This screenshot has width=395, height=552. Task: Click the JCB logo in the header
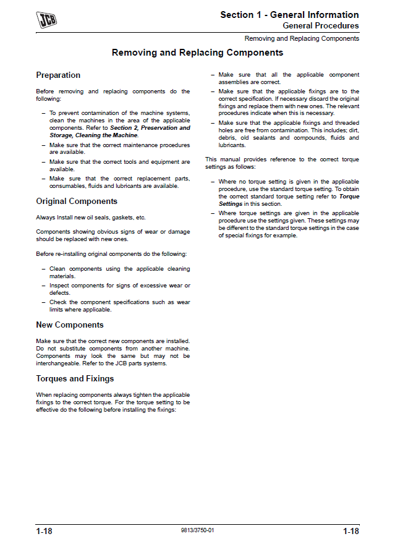click(46, 20)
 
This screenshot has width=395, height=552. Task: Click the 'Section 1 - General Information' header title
click(289, 15)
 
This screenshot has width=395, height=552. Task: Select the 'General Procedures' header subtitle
click(320, 26)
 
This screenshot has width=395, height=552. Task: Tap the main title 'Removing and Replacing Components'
click(197, 53)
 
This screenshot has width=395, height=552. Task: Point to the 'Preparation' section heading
click(58, 75)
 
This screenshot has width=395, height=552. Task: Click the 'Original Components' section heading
click(77, 202)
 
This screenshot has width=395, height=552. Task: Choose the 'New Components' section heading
click(70, 325)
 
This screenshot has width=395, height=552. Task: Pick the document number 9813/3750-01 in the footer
click(198, 531)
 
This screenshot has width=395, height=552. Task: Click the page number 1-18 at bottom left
click(44, 531)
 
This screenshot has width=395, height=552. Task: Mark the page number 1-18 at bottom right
click(350, 531)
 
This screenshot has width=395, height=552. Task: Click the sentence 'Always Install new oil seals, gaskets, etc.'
click(91, 218)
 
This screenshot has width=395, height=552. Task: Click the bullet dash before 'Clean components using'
click(43, 270)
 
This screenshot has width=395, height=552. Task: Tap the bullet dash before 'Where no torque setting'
click(212, 182)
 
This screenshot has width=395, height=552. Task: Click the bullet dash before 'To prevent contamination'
click(43, 114)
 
